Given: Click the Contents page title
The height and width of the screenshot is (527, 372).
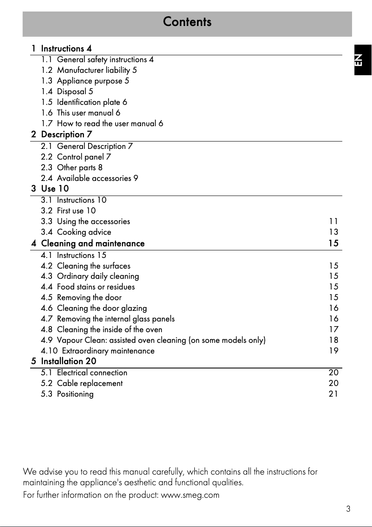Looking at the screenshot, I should point(187,22).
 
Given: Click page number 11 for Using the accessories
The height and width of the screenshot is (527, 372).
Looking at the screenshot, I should point(334,221).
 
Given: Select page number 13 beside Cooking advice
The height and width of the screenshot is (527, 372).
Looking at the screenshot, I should point(334,232).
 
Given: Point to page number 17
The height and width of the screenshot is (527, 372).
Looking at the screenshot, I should point(334,329).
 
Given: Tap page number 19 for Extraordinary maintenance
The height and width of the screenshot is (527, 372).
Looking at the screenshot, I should point(334,351).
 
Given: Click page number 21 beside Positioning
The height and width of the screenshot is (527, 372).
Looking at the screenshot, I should point(334,394).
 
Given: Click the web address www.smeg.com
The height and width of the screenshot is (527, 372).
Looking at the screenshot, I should point(190,495).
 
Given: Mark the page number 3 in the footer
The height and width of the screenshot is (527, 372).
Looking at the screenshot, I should point(348,509).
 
